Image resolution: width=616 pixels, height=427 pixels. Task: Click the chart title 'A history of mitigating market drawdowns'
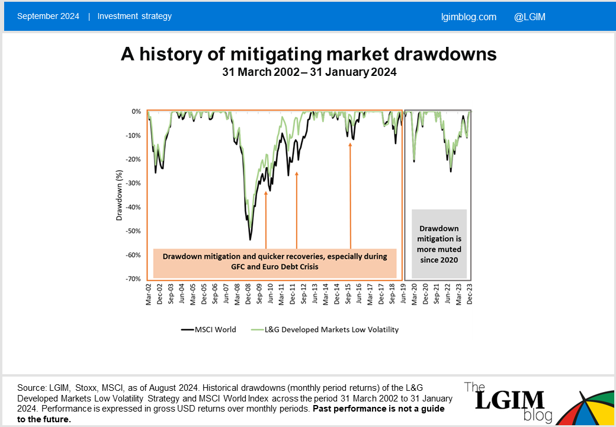tap(309, 55)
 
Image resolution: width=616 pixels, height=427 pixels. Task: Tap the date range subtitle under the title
tap(309, 73)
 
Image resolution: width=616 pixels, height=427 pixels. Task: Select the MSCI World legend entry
tap(208, 329)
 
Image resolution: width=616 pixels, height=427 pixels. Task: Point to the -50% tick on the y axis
tap(133, 231)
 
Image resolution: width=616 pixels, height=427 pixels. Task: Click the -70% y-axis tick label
tap(133, 279)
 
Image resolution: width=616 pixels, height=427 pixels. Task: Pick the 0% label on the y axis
tap(136, 111)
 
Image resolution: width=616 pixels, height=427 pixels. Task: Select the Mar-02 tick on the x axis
tap(149, 294)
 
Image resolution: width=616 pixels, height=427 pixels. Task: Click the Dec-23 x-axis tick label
tap(470, 294)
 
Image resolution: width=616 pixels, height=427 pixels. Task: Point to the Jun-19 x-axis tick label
tap(403, 294)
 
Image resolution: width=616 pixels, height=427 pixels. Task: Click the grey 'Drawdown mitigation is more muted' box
tap(439, 244)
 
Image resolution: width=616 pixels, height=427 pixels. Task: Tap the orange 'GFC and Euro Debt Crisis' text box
tap(275, 262)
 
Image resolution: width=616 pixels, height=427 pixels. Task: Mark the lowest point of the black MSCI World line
tap(250, 240)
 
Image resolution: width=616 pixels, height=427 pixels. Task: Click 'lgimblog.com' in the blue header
tap(470, 17)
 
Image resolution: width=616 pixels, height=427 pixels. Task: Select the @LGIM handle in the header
tap(530, 17)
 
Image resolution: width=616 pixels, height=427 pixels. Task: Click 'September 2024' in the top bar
tap(48, 17)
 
